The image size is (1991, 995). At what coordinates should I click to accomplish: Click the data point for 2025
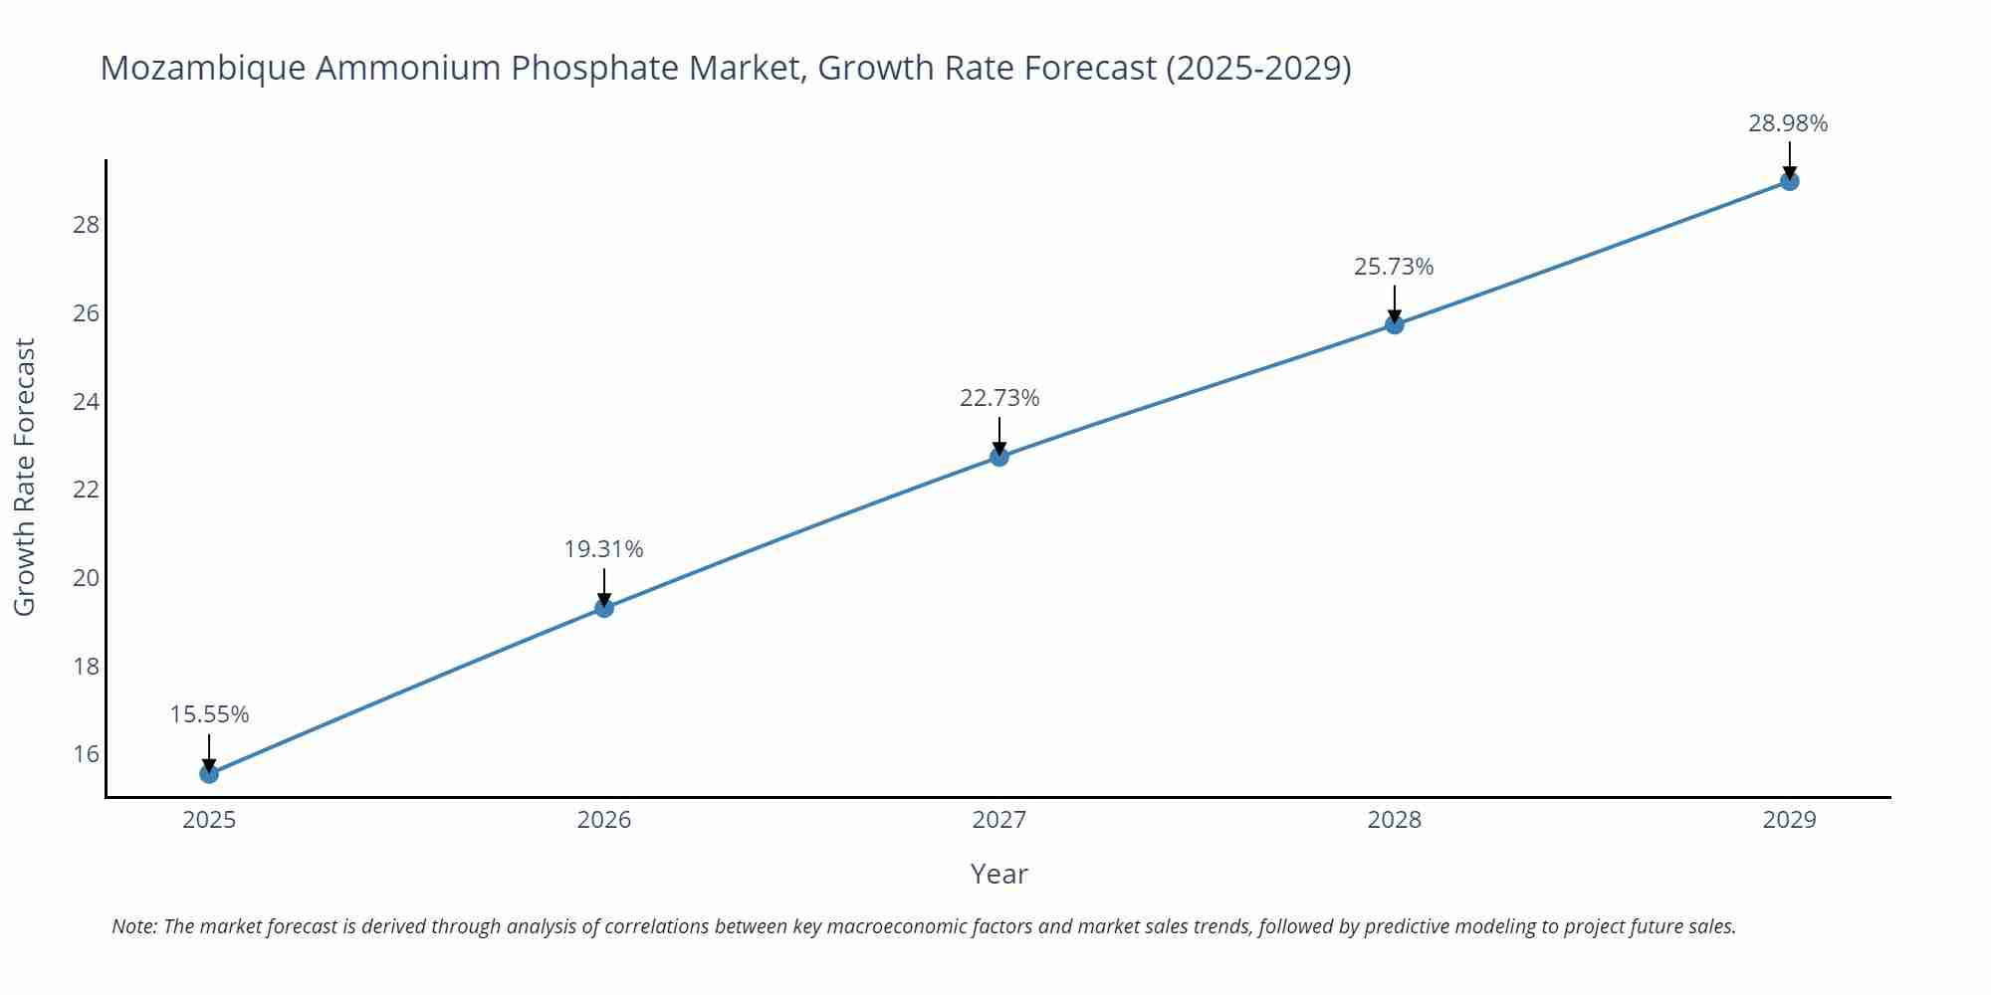209,773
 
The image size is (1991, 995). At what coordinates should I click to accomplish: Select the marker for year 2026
604,608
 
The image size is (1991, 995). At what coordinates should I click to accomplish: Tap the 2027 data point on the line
999,457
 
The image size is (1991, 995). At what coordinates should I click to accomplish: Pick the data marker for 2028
1395,324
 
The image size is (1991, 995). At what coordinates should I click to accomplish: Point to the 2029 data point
1789,181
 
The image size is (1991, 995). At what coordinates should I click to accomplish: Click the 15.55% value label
209,714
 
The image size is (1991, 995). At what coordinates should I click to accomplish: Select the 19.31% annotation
604,549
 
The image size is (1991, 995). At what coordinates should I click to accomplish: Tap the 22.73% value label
999,398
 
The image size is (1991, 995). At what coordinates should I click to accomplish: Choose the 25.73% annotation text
1394,267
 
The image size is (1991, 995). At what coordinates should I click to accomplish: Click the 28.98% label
1788,123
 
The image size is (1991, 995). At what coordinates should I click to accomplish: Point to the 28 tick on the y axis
87,225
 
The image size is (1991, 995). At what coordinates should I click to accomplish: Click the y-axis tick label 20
87,578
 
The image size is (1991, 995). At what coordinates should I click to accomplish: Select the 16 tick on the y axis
87,754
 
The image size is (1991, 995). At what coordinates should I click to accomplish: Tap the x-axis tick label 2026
604,820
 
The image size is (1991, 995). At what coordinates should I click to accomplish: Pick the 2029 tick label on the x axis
1789,820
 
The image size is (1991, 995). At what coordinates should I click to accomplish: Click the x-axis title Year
998,874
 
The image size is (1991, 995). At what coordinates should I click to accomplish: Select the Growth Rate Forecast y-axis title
25,477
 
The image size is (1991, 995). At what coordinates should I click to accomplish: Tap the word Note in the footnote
132,926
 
